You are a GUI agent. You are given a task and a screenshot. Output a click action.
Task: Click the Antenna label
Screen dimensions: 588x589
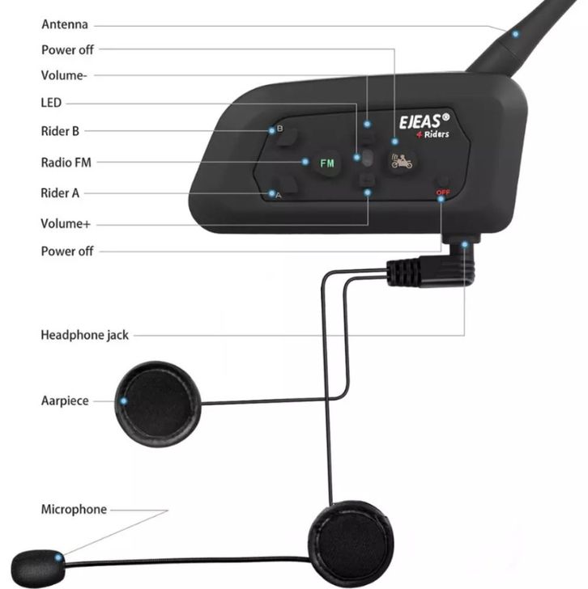[x=65, y=24]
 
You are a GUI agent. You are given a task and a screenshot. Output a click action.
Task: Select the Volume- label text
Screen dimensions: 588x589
[x=64, y=75]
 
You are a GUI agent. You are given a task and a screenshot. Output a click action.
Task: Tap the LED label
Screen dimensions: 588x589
[x=51, y=103]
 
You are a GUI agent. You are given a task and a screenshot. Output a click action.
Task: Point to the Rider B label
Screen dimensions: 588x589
[x=60, y=131]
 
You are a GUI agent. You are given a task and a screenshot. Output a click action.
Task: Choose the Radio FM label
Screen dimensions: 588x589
[x=66, y=163]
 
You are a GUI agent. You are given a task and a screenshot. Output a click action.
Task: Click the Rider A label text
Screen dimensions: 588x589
[x=60, y=193]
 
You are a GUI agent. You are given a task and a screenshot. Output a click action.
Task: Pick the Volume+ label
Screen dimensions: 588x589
[x=66, y=224]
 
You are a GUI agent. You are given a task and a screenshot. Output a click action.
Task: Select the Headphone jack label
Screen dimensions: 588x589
[x=84, y=335]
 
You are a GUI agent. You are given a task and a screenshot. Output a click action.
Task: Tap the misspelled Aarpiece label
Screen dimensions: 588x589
[x=65, y=400]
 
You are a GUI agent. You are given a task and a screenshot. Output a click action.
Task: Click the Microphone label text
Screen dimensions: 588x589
[x=74, y=510]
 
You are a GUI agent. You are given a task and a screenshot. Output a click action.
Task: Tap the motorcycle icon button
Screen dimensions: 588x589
[x=402, y=162]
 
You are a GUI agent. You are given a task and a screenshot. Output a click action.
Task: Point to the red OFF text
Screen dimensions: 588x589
[x=443, y=193]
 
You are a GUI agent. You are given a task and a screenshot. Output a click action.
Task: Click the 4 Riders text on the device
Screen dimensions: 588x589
[x=432, y=134]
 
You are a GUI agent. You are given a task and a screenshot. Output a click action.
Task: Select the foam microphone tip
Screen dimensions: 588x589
[x=36, y=569]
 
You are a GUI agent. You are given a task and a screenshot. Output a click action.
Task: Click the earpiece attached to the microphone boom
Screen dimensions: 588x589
[x=352, y=544]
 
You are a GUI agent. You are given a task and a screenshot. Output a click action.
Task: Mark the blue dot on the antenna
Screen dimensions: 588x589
[x=515, y=34]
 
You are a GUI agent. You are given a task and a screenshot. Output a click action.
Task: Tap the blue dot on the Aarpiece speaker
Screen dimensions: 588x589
[x=124, y=401]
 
